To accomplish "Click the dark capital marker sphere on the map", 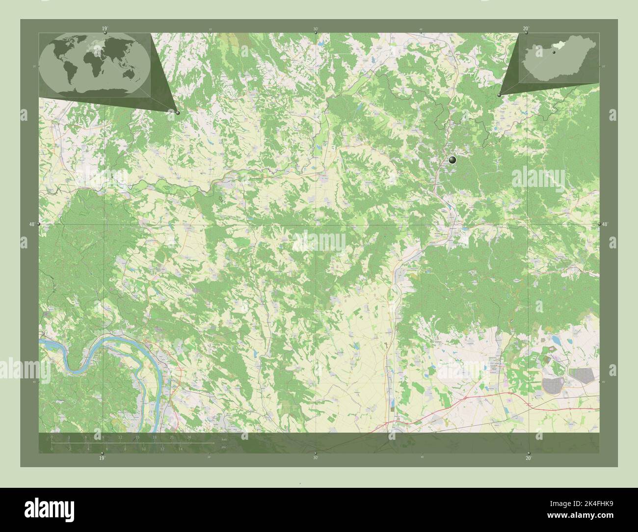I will tap(452, 160).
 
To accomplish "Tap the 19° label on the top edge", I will tap(105, 29).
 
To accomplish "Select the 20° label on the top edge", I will tap(526, 29).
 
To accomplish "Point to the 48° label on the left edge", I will tap(31, 224).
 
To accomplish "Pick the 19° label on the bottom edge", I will tap(102, 458).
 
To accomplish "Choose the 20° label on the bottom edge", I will tap(528, 458).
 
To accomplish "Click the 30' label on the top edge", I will tap(315, 29).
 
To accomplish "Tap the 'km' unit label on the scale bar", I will tap(224, 439).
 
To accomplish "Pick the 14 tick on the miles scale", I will tap(181, 449).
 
